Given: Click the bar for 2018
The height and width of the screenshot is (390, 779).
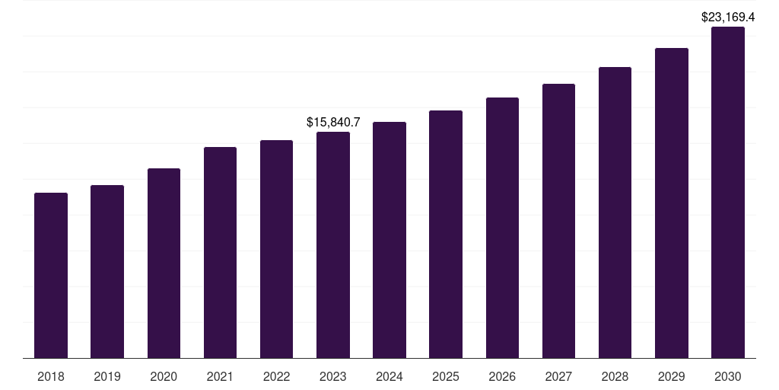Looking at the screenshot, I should pos(51,275).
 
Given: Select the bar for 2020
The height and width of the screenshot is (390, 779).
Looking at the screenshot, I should pos(164,263).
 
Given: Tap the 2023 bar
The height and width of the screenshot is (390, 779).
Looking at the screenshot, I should pos(333,245).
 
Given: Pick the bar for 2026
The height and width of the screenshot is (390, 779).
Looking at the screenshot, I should pos(502,228).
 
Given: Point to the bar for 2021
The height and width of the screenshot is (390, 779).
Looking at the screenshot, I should pos(220,252).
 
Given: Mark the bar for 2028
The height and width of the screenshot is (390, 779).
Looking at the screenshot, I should pos(615,213).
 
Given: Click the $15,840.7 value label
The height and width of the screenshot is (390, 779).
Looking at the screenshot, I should pos(333,122).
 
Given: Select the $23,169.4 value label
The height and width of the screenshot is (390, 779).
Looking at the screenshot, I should pos(728,16).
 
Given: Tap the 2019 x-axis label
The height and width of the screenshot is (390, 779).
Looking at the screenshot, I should pos(107,376).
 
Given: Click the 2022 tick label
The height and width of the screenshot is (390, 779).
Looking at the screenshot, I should pos(276,376).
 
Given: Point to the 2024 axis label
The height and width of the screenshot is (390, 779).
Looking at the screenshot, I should pos(389,376).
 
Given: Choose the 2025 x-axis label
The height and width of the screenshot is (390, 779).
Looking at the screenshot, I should pos(446,376).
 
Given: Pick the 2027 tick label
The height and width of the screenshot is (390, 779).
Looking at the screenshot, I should pos(558,376).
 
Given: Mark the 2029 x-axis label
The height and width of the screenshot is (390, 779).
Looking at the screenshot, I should pos(671,376).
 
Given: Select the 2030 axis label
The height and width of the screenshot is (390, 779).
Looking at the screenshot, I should pos(728,376).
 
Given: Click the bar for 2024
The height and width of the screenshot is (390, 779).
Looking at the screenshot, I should pos(389,240).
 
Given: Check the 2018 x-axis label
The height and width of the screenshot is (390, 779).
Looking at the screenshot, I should pos(51,376).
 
